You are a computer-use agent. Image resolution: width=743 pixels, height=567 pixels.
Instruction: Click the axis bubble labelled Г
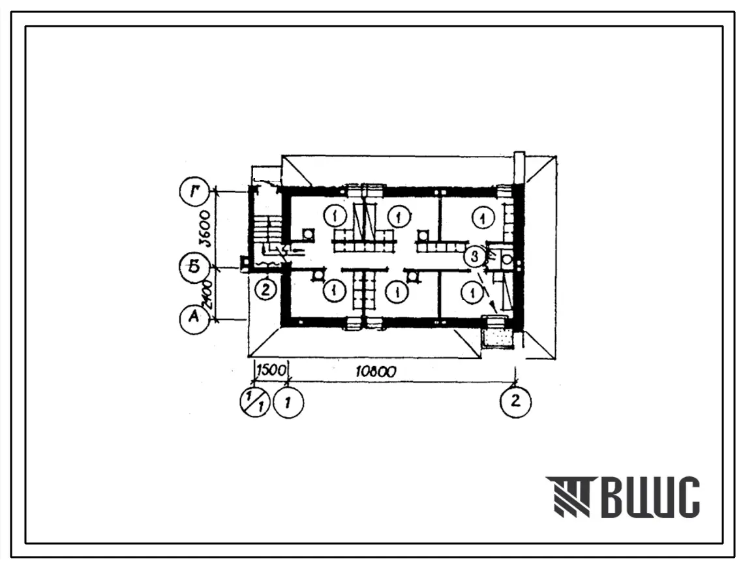pyautogui.click(x=193, y=192)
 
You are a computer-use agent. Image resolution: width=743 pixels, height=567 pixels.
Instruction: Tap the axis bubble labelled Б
pyautogui.click(x=193, y=268)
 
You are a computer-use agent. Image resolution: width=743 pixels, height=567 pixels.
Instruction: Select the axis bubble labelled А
pyautogui.click(x=193, y=318)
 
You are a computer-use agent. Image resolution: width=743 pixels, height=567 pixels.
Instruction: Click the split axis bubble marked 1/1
pyautogui.click(x=254, y=403)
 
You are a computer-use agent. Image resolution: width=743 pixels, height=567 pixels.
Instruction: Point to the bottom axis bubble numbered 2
pyautogui.click(x=515, y=402)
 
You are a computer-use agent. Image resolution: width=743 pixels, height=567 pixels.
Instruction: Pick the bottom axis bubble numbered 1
pyautogui.click(x=288, y=403)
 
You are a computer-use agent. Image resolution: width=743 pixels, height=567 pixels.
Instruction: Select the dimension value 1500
pyautogui.click(x=271, y=370)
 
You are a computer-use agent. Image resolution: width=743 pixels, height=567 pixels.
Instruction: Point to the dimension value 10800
pyautogui.click(x=376, y=371)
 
